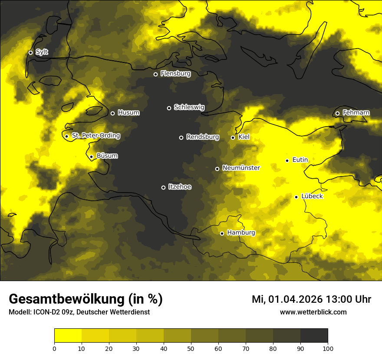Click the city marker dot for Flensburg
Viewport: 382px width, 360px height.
[155, 74]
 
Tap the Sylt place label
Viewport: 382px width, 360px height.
[42, 52]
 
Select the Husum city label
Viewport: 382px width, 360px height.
[128, 113]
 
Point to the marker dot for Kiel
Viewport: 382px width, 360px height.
[233, 137]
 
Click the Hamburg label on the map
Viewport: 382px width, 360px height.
[241, 232]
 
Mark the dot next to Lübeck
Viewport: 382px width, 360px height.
[296, 197]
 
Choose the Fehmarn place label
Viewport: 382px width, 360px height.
[356, 113]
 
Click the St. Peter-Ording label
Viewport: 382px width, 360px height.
[95, 135]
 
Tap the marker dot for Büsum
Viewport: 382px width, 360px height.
[91, 157]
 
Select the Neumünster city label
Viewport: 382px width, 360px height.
[241, 168]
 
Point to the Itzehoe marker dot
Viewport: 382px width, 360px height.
[163, 187]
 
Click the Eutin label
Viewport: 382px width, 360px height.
[300, 160]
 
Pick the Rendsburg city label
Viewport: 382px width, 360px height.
[202, 137]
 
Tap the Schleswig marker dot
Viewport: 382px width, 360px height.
[169, 108]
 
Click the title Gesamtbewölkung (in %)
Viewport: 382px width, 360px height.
[86, 299]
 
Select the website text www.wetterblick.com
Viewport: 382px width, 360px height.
[313, 312]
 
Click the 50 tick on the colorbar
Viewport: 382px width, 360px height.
[191, 348]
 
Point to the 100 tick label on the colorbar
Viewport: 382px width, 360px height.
[328, 348]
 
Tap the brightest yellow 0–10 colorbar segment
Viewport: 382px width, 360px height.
[68, 336]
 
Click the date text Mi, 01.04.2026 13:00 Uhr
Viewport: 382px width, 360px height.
[311, 299]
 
